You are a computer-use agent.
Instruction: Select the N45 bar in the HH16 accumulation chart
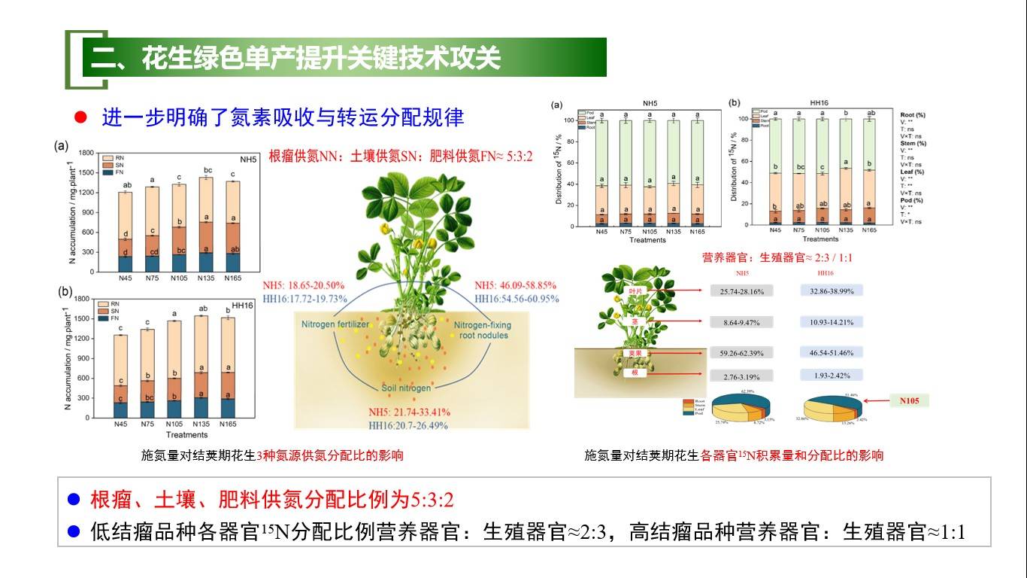point(120,376)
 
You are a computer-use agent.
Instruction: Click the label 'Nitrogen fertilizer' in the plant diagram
point(335,324)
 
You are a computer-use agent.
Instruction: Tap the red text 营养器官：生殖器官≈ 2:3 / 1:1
point(777,257)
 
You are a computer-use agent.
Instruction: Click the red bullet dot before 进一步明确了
point(81,117)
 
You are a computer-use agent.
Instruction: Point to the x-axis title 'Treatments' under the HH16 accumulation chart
point(186,435)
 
